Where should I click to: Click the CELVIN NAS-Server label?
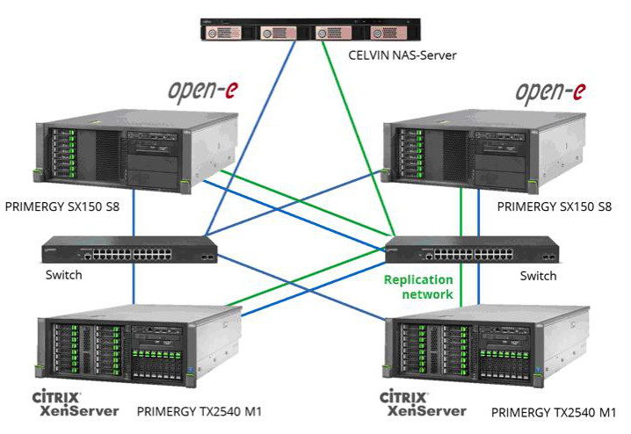coord(402,55)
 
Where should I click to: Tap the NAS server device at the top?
coord(311,29)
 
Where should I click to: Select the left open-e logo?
coord(203,90)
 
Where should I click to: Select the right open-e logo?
coord(550,92)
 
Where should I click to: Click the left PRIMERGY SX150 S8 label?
coord(62,206)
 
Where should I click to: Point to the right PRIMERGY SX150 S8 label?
coord(555,206)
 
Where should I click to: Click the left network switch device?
coord(129,250)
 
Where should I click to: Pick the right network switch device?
coord(473,250)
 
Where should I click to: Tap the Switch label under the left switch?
coord(63,275)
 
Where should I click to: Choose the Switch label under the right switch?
coord(538,276)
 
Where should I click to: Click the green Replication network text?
coord(418,286)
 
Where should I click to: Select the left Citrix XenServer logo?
coord(76,403)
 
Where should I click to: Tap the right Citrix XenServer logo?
coord(423,403)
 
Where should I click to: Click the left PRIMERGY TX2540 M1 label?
coord(199,412)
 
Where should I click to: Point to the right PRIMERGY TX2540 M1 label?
coord(554,413)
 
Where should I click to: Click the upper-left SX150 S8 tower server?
coord(135,151)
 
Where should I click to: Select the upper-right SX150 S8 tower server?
coord(484,151)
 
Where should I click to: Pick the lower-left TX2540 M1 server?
coord(139,345)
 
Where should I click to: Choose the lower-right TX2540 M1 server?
coord(486,346)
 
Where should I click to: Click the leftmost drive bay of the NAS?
coord(223,33)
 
